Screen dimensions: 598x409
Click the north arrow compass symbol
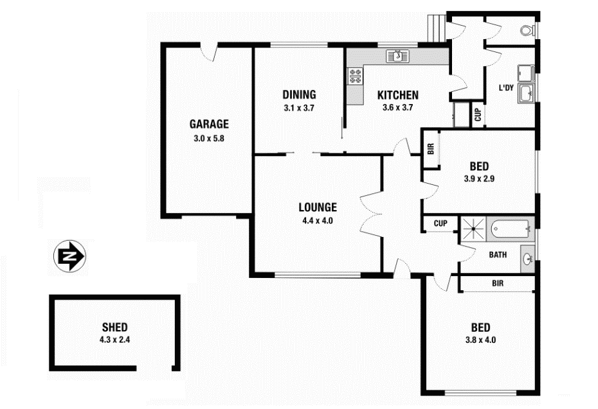point(70,256)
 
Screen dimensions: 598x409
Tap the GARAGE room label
point(209,124)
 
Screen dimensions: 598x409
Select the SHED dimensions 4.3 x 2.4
point(115,339)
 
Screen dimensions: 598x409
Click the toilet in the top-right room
point(527,30)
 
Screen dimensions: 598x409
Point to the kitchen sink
point(397,56)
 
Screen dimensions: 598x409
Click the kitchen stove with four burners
point(355,76)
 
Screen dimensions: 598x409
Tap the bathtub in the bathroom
point(511,229)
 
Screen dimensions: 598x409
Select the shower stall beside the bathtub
point(473,229)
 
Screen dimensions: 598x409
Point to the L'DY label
point(506,88)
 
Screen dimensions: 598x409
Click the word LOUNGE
point(318,207)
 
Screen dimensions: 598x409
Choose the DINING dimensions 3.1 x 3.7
point(299,108)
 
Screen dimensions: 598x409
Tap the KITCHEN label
point(398,95)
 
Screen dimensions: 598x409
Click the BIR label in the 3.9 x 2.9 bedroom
point(431,149)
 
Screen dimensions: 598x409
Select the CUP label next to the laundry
point(478,115)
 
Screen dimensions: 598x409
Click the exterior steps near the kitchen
point(437,28)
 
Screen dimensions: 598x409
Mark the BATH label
point(498,255)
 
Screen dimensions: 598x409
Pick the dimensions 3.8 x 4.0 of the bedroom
point(480,340)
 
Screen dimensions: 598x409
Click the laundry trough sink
point(526,94)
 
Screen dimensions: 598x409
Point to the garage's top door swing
point(209,54)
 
